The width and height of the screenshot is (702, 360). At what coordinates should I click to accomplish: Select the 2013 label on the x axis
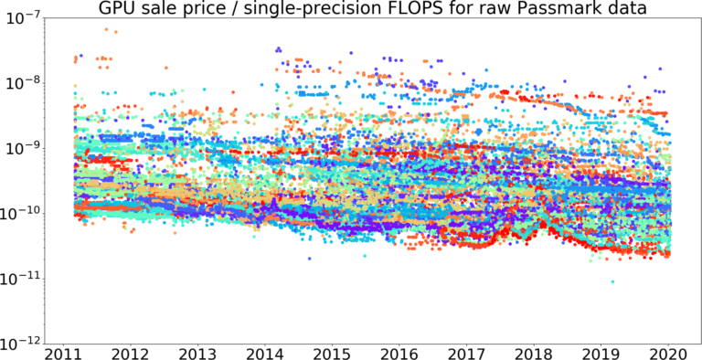click(x=197, y=353)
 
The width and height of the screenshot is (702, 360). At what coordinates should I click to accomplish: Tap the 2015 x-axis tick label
click(x=332, y=353)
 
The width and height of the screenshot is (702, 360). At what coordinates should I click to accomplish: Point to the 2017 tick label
click(x=466, y=353)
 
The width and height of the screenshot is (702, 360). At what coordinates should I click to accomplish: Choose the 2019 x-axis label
click(x=601, y=353)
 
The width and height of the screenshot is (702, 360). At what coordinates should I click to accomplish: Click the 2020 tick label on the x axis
click(x=668, y=353)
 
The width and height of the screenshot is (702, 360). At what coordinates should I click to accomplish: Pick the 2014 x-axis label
click(x=264, y=353)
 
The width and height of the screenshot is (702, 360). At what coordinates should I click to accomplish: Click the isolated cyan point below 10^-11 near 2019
click(x=612, y=281)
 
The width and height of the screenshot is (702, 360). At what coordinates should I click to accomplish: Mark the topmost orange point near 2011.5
click(x=106, y=29)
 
